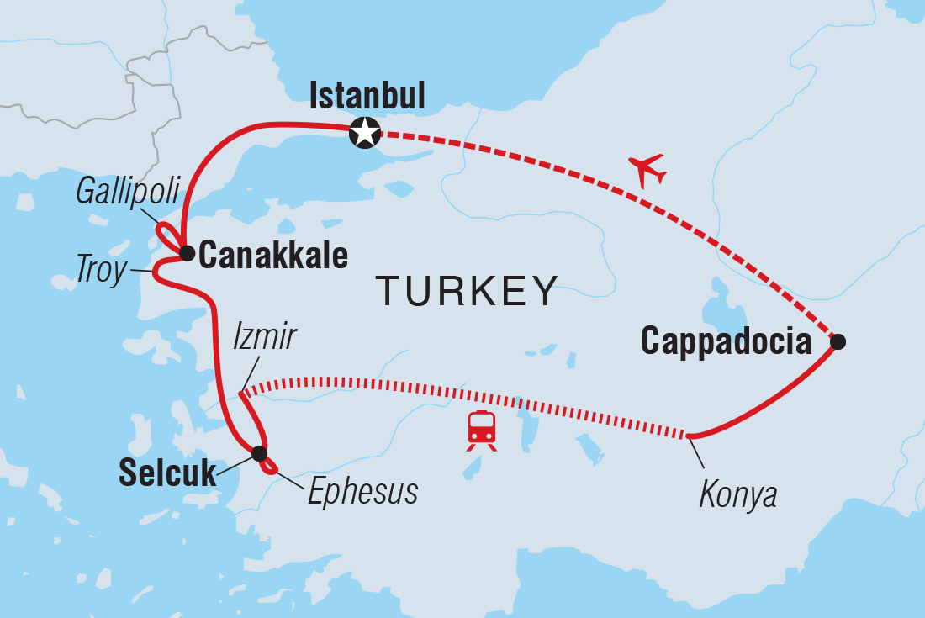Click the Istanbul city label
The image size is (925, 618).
pyautogui.click(x=367, y=96)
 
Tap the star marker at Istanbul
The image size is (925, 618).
pyautogui.click(x=365, y=133)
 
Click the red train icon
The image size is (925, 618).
pyautogui.click(x=481, y=430)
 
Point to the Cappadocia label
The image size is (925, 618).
pyautogui.click(x=726, y=341)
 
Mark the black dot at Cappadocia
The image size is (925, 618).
pyautogui.click(x=837, y=341)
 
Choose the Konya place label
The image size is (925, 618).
pyautogui.click(x=737, y=495)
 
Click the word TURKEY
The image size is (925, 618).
pyautogui.click(x=468, y=291)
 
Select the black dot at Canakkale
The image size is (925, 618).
pyautogui.click(x=187, y=251)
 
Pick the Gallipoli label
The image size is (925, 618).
pyautogui.click(x=128, y=193)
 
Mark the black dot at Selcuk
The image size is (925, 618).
pyautogui.click(x=259, y=454)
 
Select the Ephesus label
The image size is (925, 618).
pyautogui.click(x=362, y=493)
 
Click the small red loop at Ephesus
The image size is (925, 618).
pyautogui.click(x=270, y=467)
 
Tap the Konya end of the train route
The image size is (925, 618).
pyautogui.click(x=689, y=436)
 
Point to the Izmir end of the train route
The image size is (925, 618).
pyautogui.click(x=241, y=393)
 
